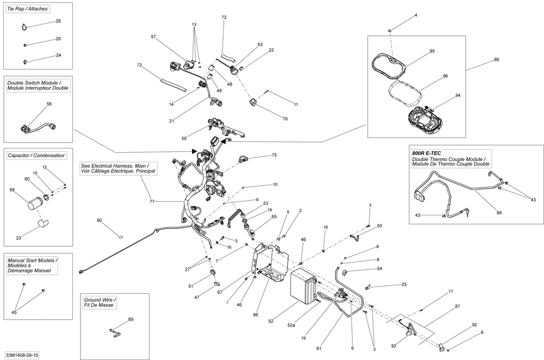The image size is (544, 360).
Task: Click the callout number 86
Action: [x=497, y=60]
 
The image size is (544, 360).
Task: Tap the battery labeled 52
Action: [x=304, y=286]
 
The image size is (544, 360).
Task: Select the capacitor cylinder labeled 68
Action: [x=34, y=204]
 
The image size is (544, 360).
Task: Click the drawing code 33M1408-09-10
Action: [x=22, y=356]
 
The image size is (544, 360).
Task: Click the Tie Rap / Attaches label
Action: [x=27, y=9]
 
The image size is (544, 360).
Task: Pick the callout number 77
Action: [x=152, y=201]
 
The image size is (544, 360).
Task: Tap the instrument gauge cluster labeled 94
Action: [x=425, y=123]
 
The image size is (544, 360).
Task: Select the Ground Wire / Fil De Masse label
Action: [x=100, y=302]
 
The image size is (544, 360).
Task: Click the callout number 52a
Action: [x=291, y=325]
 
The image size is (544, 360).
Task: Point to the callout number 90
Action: [x=100, y=221]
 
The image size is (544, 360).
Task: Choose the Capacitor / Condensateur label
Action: [x=36, y=156]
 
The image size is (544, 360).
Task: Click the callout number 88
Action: [x=499, y=213]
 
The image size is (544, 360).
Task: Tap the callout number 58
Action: [x=50, y=104]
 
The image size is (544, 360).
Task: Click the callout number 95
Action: [x=432, y=51]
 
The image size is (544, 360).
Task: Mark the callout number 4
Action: [x=416, y=15]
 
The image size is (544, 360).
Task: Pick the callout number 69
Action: [x=131, y=319]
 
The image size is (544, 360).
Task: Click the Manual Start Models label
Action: [x=33, y=260]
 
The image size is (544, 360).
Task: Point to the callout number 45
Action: [x=14, y=313]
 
